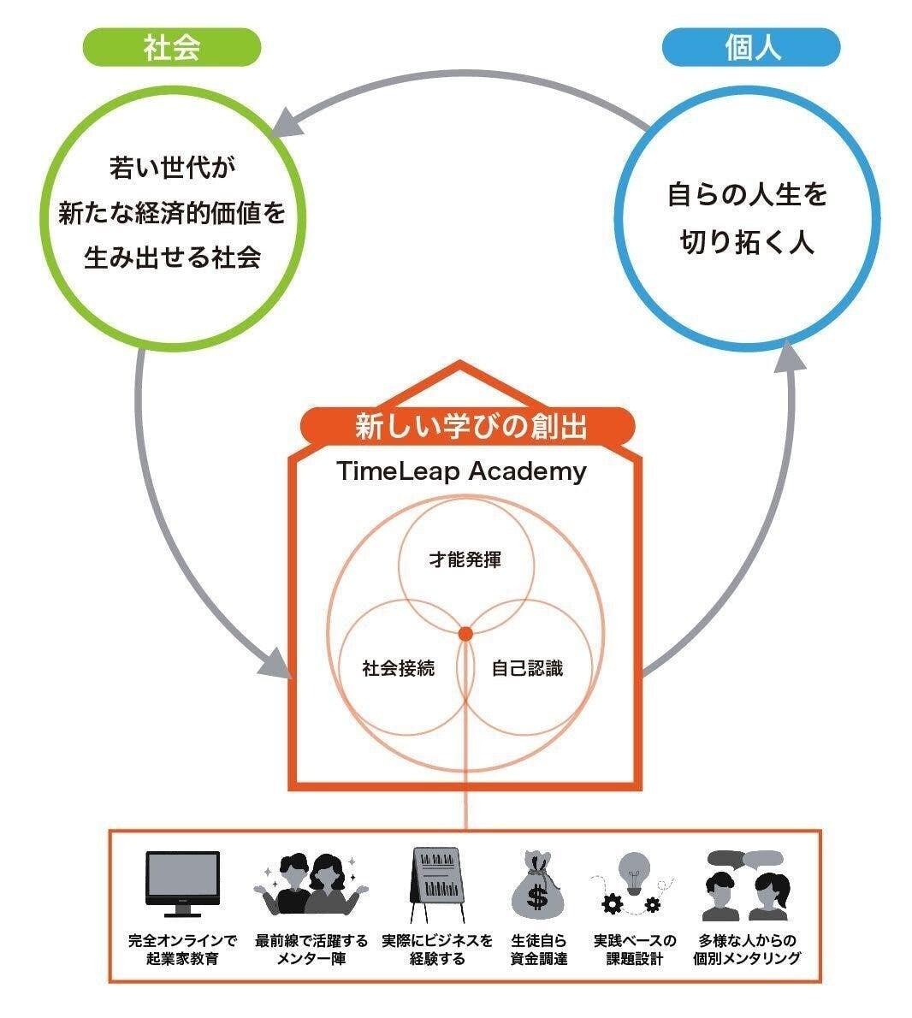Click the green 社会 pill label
point(171,47)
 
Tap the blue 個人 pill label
point(751,47)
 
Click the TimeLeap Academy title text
point(461,471)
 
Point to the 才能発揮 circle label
point(465,559)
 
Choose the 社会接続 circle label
point(398,667)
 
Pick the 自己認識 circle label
point(527,667)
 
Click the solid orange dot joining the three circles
point(465,634)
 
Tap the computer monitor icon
point(182,883)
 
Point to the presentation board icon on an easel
point(437,885)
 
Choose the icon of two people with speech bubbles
point(747,885)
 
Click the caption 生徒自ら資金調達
point(538,950)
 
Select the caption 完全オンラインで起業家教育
point(182,950)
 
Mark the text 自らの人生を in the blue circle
point(747,194)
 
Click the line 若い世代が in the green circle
point(172,168)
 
